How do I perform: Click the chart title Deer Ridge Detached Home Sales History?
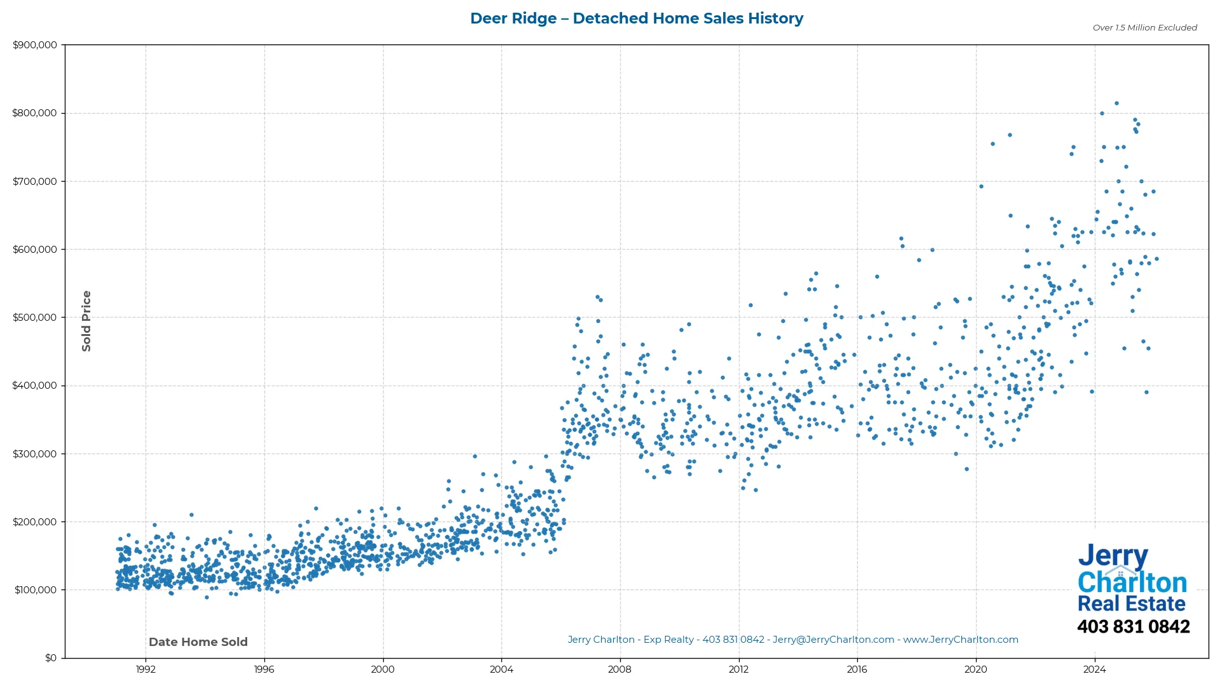click(636, 18)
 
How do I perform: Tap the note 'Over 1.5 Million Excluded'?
click(1144, 28)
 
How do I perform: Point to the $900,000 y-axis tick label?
click(34, 45)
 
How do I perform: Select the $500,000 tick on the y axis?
click(34, 318)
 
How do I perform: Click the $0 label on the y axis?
click(50, 658)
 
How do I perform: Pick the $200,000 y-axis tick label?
click(34, 522)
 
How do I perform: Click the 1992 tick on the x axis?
click(146, 669)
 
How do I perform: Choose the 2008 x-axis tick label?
click(620, 669)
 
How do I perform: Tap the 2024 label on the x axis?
click(1094, 669)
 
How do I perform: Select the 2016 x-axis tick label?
click(857, 669)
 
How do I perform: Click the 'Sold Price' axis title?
click(86, 321)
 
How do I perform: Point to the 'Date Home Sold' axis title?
click(198, 642)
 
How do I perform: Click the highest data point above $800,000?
click(1116, 104)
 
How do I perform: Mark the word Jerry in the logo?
click(1113, 557)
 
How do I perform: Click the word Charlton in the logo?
click(1132, 582)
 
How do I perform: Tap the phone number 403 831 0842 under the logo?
click(1133, 627)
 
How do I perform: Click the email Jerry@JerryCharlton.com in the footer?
click(833, 640)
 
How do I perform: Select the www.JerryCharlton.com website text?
click(960, 640)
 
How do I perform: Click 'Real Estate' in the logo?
click(1131, 603)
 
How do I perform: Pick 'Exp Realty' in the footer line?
click(668, 640)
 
